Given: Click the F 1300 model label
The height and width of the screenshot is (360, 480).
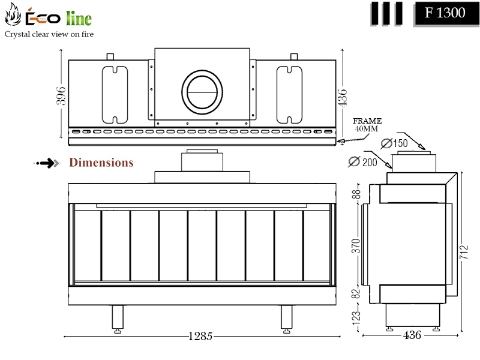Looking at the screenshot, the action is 445,13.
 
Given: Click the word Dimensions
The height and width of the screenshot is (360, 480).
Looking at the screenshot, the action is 101,163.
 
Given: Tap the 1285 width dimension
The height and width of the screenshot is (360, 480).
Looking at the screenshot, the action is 200,336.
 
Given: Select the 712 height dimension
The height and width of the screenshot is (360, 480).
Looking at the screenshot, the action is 464,252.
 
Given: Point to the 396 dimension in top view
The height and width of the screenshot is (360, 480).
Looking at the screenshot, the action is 61,96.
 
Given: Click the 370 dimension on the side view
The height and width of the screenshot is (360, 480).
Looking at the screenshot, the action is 356,246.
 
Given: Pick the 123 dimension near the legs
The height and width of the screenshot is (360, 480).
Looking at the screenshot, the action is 356,318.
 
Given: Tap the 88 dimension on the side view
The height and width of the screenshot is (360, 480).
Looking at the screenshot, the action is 356,194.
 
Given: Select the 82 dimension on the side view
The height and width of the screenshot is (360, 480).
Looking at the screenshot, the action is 356,293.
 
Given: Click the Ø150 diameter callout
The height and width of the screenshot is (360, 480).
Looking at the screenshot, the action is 394,143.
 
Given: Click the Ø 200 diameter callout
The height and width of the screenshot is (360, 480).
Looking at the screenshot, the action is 363,161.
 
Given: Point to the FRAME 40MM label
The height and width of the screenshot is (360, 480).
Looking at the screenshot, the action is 367,125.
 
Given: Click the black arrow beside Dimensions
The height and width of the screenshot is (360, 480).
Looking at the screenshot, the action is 47,163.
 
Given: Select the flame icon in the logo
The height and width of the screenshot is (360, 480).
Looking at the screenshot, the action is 13,14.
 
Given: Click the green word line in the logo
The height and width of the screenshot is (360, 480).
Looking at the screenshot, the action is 79,18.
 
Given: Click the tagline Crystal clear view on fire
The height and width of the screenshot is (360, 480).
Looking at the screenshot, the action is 49,34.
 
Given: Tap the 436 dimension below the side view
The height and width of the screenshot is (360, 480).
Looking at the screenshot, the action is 412,335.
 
